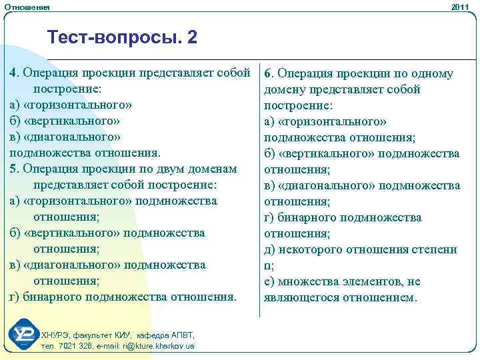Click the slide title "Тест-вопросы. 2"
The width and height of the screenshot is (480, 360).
click(123, 38)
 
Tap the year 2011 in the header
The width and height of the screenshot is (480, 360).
click(461, 7)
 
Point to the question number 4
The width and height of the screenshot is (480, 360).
click(13, 73)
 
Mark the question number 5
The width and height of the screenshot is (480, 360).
click(13, 169)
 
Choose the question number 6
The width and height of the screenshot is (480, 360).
click(268, 74)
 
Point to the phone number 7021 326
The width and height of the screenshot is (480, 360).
click(73, 346)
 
